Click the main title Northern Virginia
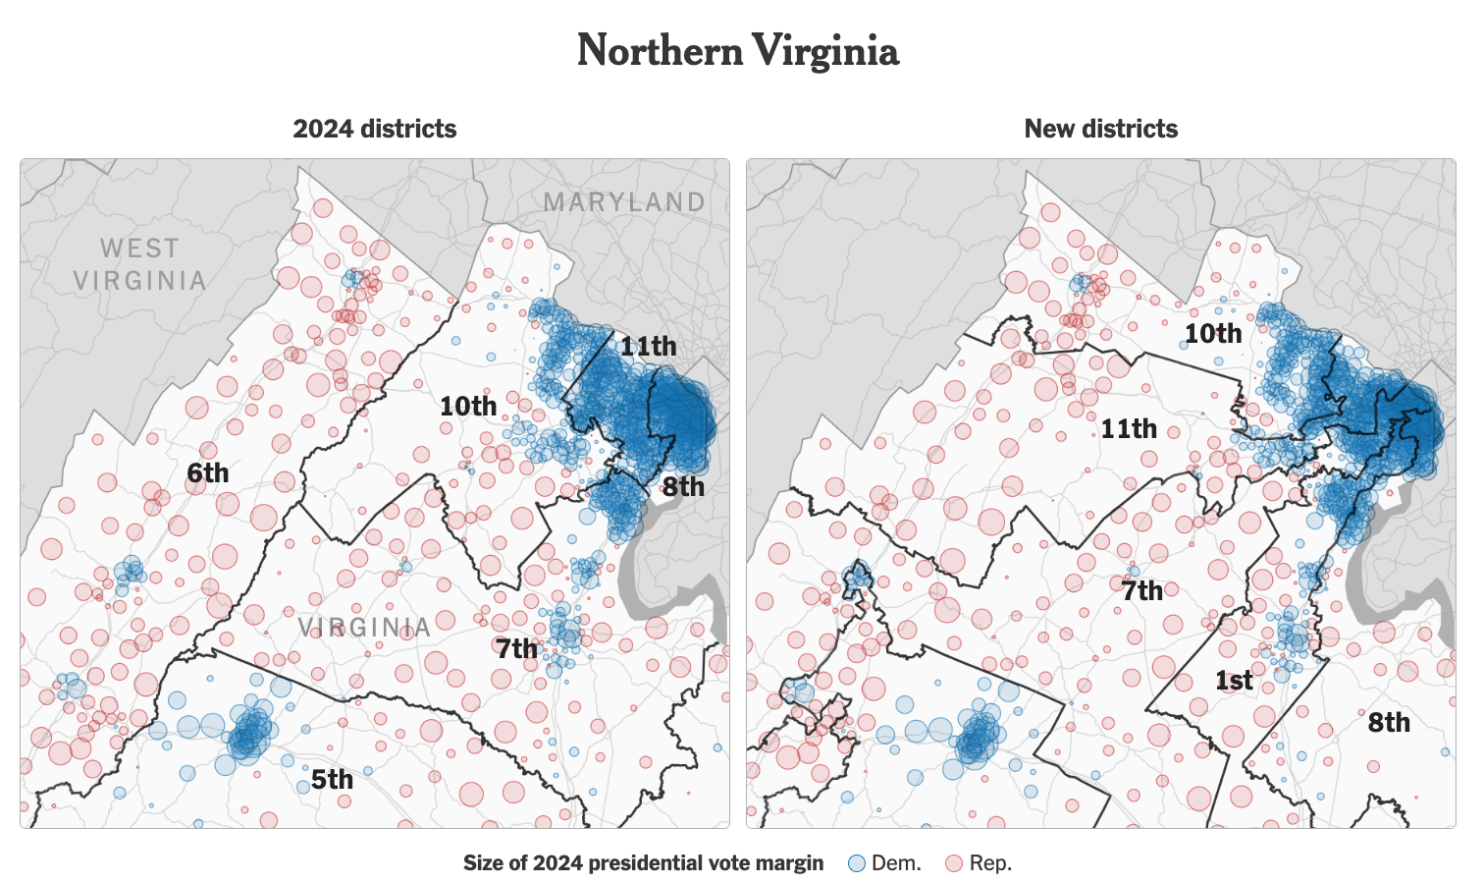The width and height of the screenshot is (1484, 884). (737, 51)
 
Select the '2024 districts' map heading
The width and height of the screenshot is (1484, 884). (374, 129)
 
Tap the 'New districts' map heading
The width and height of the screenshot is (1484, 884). (1100, 129)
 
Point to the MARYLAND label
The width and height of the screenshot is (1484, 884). (624, 202)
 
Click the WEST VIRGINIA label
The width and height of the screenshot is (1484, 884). (139, 264)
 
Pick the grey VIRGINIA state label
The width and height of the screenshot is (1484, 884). (364, 628)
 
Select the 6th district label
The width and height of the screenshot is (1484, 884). (208, 473)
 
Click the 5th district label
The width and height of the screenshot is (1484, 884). (332, 780)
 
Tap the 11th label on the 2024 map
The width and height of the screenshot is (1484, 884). (648, 346)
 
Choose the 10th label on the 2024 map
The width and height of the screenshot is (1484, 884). (468, 406)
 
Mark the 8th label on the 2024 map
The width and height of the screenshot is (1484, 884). (683, 486)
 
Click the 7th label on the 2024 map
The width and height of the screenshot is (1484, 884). (516, 648)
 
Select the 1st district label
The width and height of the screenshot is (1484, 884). (1234, 681)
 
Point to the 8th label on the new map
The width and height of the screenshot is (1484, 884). (1389, 723)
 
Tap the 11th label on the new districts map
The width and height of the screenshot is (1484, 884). (1128, 429)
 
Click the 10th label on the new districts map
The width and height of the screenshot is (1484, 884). (1213, 334)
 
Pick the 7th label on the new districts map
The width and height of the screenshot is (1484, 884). (1142, 591)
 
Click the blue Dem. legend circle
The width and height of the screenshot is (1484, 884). (857, 863)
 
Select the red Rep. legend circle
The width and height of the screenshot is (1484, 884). (953, 863)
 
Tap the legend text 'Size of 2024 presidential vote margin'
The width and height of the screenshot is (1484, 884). (643, 863)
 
